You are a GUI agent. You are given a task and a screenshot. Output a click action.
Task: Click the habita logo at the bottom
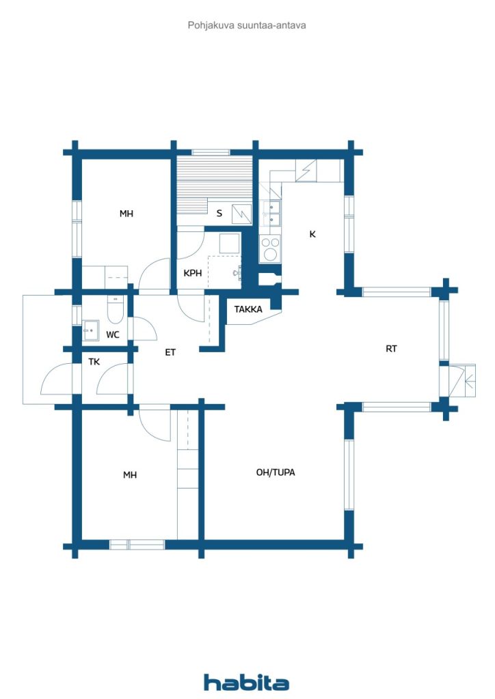pos(246,683)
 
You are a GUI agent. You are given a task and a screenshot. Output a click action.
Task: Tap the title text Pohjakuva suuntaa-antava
pos(246,25)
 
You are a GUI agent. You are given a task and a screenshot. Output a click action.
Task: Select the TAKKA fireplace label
pos(248,309)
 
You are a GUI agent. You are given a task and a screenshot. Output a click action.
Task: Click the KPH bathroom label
pos(193,273)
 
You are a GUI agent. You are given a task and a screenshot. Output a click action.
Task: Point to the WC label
pos(113,334)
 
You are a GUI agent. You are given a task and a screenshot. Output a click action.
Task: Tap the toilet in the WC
pos(115,310)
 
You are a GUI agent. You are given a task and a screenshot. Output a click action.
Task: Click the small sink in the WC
pos(91,330)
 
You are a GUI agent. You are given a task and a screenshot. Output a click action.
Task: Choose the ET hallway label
pos(170,352)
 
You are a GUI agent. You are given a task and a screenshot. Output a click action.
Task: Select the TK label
pos(94,362)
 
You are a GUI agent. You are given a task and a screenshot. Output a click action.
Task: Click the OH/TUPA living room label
pos(276,472)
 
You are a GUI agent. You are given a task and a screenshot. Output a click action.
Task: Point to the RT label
pos(391,349)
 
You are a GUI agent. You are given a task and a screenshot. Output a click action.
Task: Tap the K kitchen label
pos(312,234)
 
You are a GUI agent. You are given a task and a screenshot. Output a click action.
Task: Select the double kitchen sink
pos(271,213)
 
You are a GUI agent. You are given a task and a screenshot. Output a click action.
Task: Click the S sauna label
pos(219,214)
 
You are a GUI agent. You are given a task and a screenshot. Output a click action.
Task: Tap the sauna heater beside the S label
pos(241,213)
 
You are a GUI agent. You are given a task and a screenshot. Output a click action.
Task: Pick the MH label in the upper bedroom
pos(126,214)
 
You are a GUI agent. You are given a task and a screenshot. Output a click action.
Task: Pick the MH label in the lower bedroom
pos(130,475)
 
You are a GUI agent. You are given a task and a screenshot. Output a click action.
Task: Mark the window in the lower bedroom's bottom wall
pos(137,545)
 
